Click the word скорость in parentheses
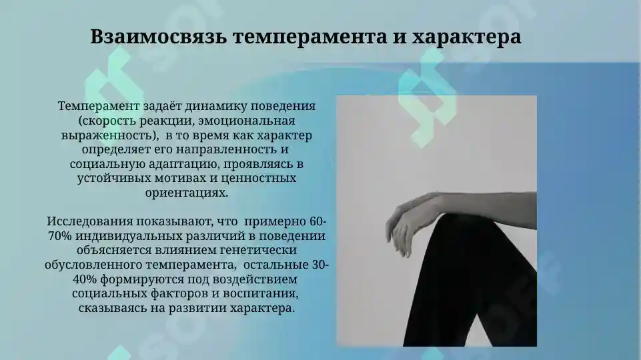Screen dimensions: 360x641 pyautogui.click(x=108, y=121)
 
